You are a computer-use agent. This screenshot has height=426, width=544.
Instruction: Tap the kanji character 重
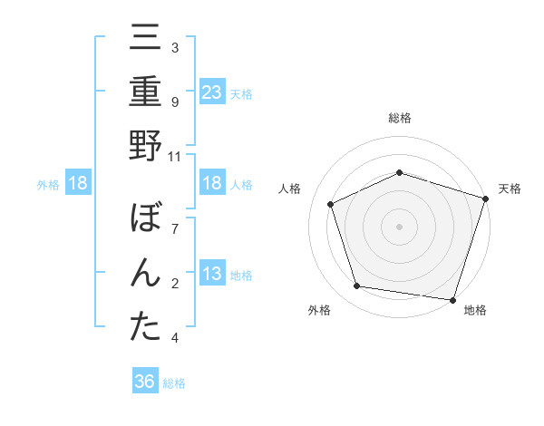(x=145, y=93)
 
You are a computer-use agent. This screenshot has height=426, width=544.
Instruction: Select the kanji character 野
(x=145, y=146)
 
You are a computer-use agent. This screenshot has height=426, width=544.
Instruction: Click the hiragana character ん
(x=145, y=276)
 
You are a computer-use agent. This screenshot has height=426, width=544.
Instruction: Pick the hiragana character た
(x=145, y=328)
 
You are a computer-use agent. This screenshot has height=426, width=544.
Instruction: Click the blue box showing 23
(x=212, y=92)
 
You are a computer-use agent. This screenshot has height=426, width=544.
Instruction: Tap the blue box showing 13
(x=212, y=275)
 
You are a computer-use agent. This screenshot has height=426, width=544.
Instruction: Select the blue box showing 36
(x=145, y=382)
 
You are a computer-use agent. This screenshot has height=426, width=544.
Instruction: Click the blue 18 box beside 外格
(x=78, y=184)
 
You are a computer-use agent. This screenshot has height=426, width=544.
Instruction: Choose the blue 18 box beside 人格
(x=212, y=184)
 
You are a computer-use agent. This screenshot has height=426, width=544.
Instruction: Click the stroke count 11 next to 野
(x=175, y=156)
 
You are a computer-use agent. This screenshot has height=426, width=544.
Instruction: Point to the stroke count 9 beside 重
(x=175, y=102)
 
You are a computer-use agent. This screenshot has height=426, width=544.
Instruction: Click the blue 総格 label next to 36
(x=174, y=383)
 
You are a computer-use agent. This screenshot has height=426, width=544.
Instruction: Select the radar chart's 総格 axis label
(x=399, y=118)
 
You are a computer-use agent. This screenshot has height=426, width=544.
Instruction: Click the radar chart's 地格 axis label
(x=474, y=311)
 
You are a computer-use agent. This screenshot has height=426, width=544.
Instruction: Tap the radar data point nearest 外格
(x=357, y=286)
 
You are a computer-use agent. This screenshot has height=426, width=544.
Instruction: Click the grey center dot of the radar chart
(x=399, y=226)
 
